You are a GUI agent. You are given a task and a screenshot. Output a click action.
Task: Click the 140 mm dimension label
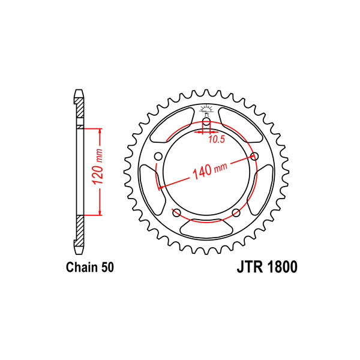click(x=209, y=170)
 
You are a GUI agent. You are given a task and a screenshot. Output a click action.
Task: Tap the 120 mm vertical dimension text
click(x=98, y=166)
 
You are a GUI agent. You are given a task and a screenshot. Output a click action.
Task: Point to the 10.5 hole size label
click(x=216, y=139)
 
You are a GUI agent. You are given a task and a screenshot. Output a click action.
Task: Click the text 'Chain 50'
click(x=90, y=267)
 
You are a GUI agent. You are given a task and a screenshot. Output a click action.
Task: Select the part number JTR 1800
click(x=267, y=267)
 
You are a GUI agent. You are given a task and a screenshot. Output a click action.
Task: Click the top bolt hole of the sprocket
click(x=206, y=122)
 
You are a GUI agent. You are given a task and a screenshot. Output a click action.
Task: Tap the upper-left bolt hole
click(x=158, y=157)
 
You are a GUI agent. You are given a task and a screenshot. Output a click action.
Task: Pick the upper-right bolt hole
click(x=254, y=157)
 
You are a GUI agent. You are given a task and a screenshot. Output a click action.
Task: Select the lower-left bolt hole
click(x=176, y=213)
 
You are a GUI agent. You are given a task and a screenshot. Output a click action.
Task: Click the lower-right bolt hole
click(x=236, y=213)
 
